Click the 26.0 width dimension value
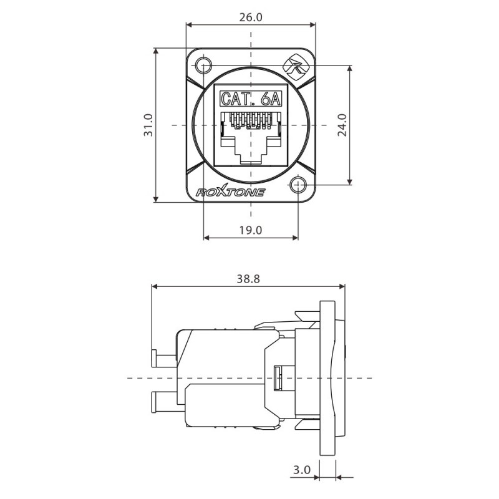click(x=250, y=17)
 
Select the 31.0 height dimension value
click(x=148, y=125)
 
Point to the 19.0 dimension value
click(x=250, y=230)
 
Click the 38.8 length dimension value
click(x=248, y=279)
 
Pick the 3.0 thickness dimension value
click(x=302, y=470)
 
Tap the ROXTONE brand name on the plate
click(x=231, y=192)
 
